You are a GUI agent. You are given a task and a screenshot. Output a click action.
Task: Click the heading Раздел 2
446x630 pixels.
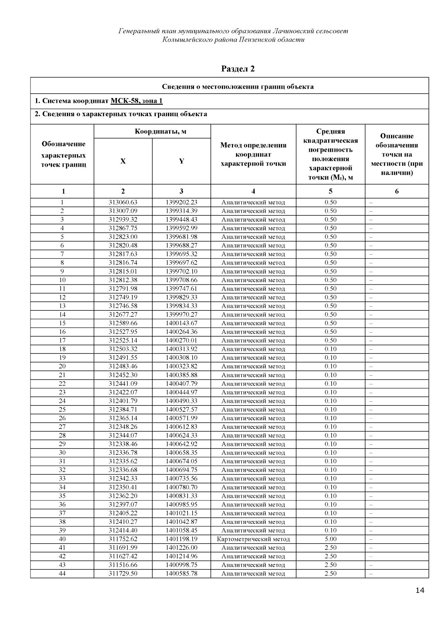coord(238,69)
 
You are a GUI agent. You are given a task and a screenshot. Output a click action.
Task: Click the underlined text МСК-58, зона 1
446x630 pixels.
coord(136,101)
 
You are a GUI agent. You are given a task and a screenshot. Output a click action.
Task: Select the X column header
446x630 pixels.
coord(123,161)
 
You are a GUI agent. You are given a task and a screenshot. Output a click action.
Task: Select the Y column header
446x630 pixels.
coord(181,161)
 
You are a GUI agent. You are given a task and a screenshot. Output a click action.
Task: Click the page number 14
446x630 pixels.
coord(420,591)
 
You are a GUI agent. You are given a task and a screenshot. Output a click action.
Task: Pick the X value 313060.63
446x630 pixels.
coord(123,202)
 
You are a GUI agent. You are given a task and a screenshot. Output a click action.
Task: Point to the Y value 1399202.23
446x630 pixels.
coord(181,202)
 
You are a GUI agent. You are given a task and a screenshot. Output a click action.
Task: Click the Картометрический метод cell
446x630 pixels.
coord(253,539)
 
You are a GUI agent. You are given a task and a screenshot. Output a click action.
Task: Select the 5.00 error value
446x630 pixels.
coord(330,539)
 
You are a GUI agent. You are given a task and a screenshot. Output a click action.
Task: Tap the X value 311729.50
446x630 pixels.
coord(123,574)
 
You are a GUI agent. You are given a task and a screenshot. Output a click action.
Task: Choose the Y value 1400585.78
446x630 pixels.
coord(181,574)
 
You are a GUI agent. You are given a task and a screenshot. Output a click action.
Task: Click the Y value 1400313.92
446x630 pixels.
coord(181,349)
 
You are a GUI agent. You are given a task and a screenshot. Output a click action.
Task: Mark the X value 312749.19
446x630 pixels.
coord(123,297)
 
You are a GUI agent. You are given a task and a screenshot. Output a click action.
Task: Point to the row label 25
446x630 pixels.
coord(62,409)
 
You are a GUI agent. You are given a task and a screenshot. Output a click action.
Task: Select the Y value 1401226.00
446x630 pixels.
coord(181,548)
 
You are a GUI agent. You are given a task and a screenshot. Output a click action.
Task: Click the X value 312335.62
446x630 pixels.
coord(123,461)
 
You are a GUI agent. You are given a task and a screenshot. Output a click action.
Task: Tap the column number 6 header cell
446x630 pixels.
coord(397,192)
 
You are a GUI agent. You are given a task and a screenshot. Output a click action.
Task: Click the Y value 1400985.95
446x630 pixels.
coord(181,505)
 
